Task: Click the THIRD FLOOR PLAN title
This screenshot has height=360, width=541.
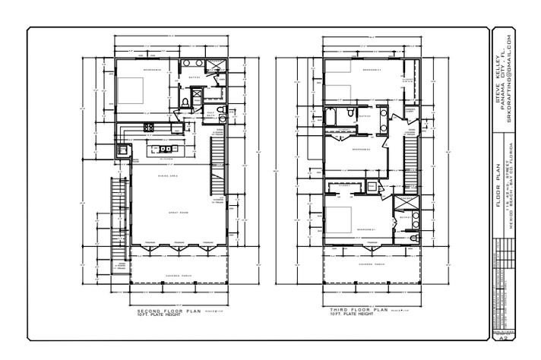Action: point(358,311)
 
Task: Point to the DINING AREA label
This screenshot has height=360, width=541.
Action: point(167,175)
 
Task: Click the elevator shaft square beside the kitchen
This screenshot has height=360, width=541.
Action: point(120,150)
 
